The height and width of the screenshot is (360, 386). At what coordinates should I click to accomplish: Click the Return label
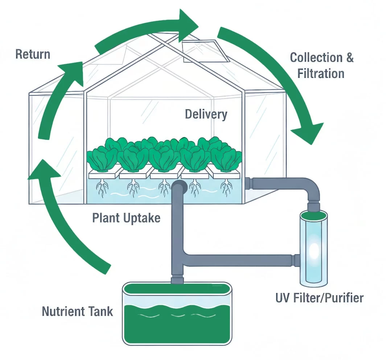click(x=33, y=54)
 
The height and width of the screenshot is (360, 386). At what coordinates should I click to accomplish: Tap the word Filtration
click(x=321, y=73)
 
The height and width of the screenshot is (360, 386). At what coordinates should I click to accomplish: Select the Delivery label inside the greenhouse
click(x=206, y=114)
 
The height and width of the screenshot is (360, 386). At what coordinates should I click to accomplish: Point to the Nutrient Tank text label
click(x=77, y=311)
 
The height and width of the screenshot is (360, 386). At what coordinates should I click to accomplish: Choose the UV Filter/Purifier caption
click(x=319, y=298)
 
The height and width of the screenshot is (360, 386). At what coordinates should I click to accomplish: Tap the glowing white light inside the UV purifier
click(x=314, y=250)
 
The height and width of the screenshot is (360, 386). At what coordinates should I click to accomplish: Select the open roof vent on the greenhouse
click(x=204, y=51)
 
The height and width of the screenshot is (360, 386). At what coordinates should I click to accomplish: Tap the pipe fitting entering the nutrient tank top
click(x=177, y=279)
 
